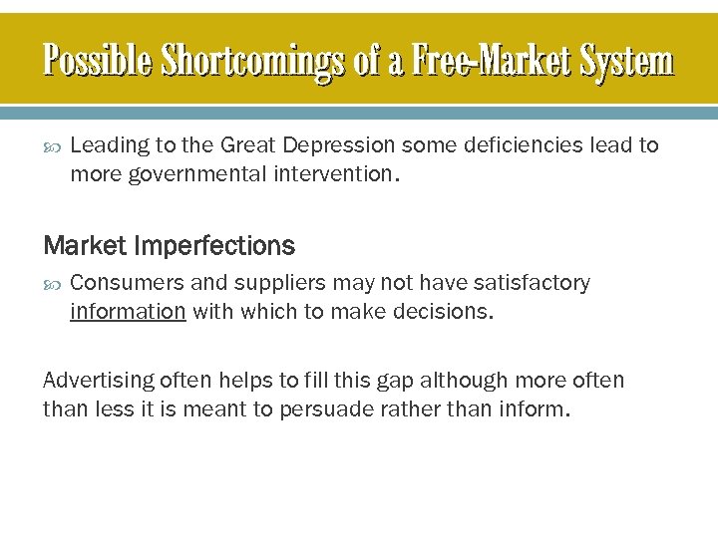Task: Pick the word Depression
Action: pos(338,145)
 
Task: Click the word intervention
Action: pos(327,175)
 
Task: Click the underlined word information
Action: pos(128,312)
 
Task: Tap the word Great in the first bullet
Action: pos(248,145)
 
